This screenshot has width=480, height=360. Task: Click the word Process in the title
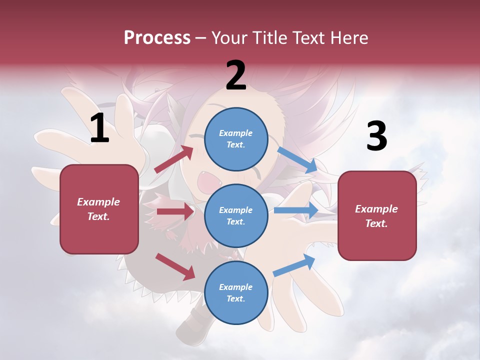click(x=157, y=37)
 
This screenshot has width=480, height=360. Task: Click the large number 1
click(x=99, y=128)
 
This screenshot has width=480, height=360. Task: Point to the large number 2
click(x=236, y=75)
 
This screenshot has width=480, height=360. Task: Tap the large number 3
click(x=376, y=136)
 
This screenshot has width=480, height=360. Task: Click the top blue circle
click(x=236, y=139)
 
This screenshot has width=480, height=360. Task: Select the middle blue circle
click(x=236, y=216)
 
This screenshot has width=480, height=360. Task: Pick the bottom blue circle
click(x=236, y=293)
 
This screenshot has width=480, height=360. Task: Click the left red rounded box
click(x=99, y=209)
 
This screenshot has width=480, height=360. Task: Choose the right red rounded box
click(x=377, y=216)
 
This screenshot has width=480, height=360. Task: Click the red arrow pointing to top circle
click(x=174, y=159)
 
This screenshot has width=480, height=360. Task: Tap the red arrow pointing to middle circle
click(x=175, y=211)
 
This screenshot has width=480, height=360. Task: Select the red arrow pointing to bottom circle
click(x=175, y=266)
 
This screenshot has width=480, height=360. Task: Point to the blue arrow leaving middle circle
click(x=296, y=210)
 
